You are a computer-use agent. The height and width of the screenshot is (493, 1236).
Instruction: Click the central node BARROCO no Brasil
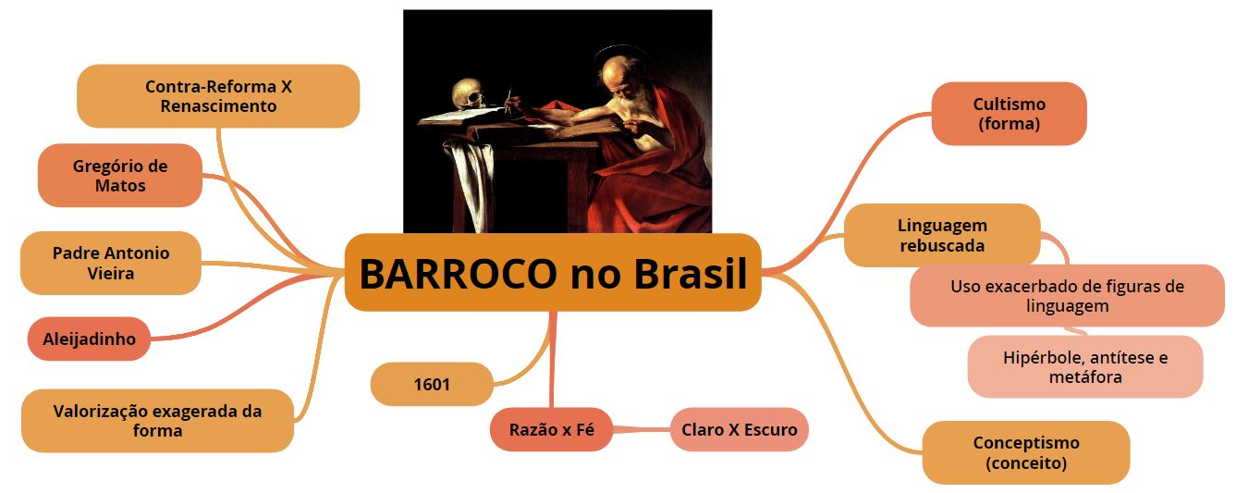[x=553, y=272]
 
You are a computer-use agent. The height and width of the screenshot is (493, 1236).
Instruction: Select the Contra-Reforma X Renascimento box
[x=218, y=96]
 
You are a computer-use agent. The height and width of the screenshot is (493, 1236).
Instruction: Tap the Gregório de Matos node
[x=120, y=176]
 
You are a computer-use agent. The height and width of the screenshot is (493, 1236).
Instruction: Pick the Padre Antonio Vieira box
[x=110, y=263]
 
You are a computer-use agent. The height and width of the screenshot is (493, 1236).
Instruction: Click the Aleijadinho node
[x=89, y=339]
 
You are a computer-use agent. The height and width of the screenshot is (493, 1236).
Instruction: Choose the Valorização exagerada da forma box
[x=157, y=421]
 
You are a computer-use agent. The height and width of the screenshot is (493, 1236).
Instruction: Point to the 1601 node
[x=432, y=384]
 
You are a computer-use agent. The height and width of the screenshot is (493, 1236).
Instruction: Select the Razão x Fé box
[x=551, y=429]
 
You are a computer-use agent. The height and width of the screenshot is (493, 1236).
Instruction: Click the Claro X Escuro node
[x=739, y=429]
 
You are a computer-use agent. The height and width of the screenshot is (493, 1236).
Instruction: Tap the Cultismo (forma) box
[x=1009, y=114]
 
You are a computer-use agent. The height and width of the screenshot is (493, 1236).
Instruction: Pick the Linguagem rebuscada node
[x=942, y=235]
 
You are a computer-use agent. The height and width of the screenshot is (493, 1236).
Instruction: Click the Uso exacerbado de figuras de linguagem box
[x=1067, y=296]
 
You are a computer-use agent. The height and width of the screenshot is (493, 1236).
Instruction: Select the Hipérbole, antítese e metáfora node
[x=1084, y=366]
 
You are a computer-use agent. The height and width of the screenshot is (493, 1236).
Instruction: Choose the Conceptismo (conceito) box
[x=1026, y=452]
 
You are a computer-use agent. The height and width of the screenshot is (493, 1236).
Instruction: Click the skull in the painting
[x=469, y=95]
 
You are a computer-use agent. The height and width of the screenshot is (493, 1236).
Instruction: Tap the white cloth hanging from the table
[x=471, y=182]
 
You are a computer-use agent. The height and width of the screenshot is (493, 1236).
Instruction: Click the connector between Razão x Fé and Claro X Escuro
[x=642, y=429]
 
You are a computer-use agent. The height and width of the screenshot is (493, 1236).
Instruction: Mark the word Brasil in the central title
[x=690, y=273]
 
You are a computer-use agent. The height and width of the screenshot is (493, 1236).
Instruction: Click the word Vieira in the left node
[x=110, y=273]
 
